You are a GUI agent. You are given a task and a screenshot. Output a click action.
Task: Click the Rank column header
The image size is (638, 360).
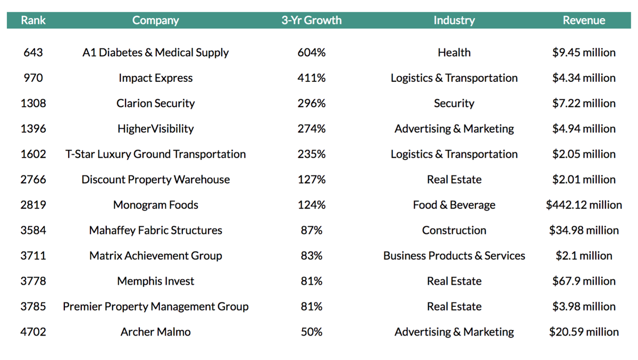pyautogui.click(x=33, y=20)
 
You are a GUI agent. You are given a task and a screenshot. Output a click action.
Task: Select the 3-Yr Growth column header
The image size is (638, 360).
pyautogui.click(x=312, y=20)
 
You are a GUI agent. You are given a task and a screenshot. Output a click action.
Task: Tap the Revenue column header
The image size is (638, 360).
pyautogui.click(x=584, y=20)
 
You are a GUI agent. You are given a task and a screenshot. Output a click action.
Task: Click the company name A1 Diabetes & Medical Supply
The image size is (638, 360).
pyautogui.click(x=155, y=53)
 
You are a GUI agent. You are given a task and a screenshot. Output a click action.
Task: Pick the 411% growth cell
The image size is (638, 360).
pyautogui.click(x=312, y=78)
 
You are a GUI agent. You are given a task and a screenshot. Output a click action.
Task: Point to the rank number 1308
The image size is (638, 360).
pyautogui.click(x=33, y=104)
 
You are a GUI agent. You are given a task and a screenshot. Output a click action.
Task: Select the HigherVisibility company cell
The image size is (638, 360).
pyautogui.click(x=155, y=129)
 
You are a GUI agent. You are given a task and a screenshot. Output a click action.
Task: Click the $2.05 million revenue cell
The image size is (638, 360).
pyautogui.click(x=584, y=154)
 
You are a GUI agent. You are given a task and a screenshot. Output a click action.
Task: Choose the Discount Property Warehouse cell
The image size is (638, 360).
pyautogui.click(x=155, y=180)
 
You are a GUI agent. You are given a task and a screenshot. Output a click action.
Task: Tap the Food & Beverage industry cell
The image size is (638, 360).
pyautogui.click(x=454, y=205)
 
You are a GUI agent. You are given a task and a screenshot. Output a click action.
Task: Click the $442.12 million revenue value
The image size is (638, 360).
pyautogui.click(x=584, y=205)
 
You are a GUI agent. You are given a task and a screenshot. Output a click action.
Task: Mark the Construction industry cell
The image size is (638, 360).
pyautogui.click(x=454, y=230)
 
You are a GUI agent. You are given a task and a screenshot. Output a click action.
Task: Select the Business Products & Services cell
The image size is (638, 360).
pyautogui.click(x=454, y=256)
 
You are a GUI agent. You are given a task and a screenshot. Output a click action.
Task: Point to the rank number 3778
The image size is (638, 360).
pyautogui.click(x=33, y=281)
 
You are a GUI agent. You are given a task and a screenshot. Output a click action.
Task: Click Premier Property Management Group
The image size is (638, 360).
pyautogui.click(x=155, y=307)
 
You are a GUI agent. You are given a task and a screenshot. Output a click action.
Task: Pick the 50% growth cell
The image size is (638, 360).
pyautogui.click(x=312, y=332)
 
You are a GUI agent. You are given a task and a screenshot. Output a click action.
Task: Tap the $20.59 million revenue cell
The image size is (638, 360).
pyautogui.click(x=584, y=332)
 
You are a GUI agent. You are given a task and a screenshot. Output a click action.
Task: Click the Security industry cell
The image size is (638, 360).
pyautogui.click(x=454, y=104)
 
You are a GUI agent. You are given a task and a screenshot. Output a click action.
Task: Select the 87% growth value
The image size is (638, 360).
pyautogui.click(x=312, y=230)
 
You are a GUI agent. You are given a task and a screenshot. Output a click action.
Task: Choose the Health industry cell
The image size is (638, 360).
pyautogui.click(x=454, y=53)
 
